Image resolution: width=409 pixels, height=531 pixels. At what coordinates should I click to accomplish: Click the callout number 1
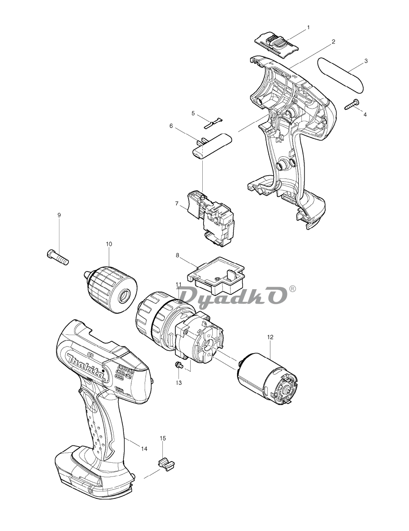click(x=308, y=27)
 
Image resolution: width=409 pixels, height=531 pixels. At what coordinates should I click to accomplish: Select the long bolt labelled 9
click(x=58, y=257)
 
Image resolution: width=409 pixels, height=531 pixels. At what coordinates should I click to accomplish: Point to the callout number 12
click(x=270, y=337)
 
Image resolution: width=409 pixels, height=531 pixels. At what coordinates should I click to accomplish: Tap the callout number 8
click(x=177, y=255)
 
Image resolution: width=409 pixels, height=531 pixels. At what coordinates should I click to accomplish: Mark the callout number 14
click(x=144, y=449)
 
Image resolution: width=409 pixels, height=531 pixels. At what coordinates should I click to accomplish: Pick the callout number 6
click(x=171, y=126)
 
